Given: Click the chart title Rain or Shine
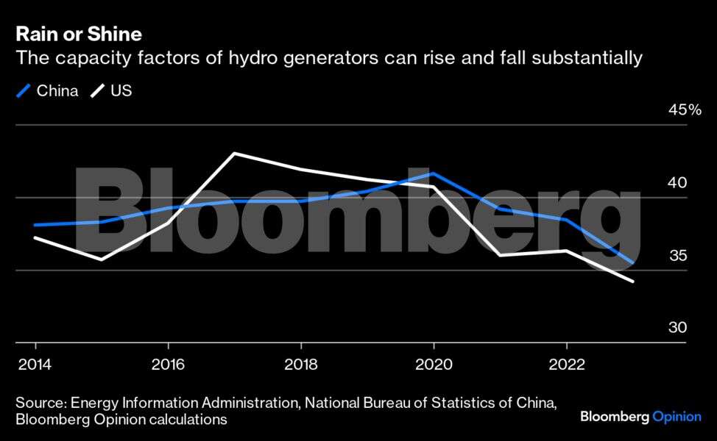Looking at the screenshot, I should point(79,34).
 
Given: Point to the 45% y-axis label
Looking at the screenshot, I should point(685,110).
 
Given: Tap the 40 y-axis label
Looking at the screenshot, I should point(677,182).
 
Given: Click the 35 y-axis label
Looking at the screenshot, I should point(677,255).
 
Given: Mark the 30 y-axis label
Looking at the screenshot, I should point(677,328).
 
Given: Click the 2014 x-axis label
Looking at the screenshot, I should point(36,365).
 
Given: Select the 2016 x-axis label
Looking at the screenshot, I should point(169,365).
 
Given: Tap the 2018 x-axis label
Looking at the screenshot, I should point(301,365).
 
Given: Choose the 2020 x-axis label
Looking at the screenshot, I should point(434,365).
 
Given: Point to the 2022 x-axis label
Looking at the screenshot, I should point(566,365).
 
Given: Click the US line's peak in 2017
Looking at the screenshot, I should point(234,154).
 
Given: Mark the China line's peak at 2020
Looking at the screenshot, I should point(434,173).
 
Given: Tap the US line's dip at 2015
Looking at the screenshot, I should point(102,259).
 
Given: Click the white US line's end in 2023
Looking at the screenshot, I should point(632,282).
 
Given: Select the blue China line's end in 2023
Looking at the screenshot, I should point(632,262).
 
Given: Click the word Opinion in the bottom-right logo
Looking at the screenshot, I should point(677,417).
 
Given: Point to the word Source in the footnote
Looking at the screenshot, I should point(39,404).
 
